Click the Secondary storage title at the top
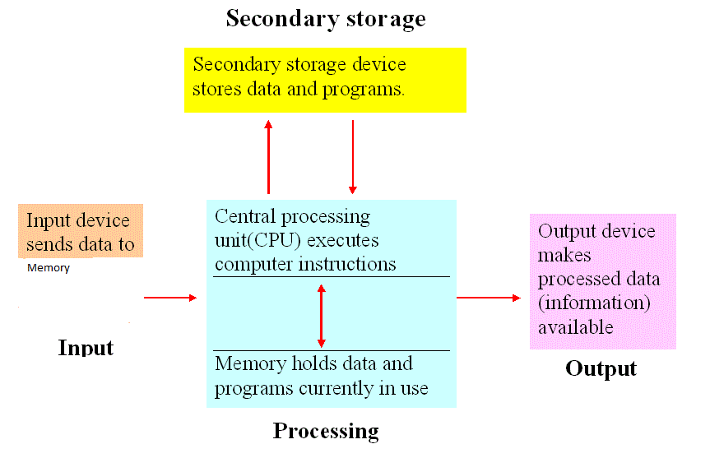[x=326, y=19]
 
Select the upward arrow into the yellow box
[x=268, y=157]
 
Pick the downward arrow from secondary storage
[x=353, y=157]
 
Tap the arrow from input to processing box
[x=170, y=298]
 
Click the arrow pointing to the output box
[x=489, y=298]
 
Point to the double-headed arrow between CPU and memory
[x=322, y=316]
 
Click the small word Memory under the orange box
[x=49, y=268]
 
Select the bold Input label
[x=86, y=348]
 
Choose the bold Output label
[x=601, y=369]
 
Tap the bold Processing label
[x=326, y=432]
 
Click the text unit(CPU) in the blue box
[x=258, y=240]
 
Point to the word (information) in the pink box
[x=594, y=303]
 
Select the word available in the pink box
[x=576, y=326]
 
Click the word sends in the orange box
[x=49, y=244]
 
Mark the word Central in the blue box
[x=245, y=216]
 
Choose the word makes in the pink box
[x=564, y=255]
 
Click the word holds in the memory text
[x=314, y=363]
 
